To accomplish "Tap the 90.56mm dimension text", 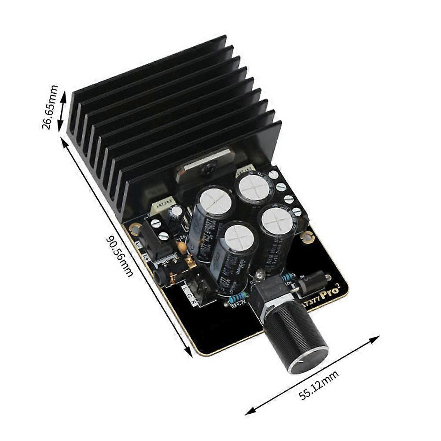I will [119, 256].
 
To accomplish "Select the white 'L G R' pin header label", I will [187, 294].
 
